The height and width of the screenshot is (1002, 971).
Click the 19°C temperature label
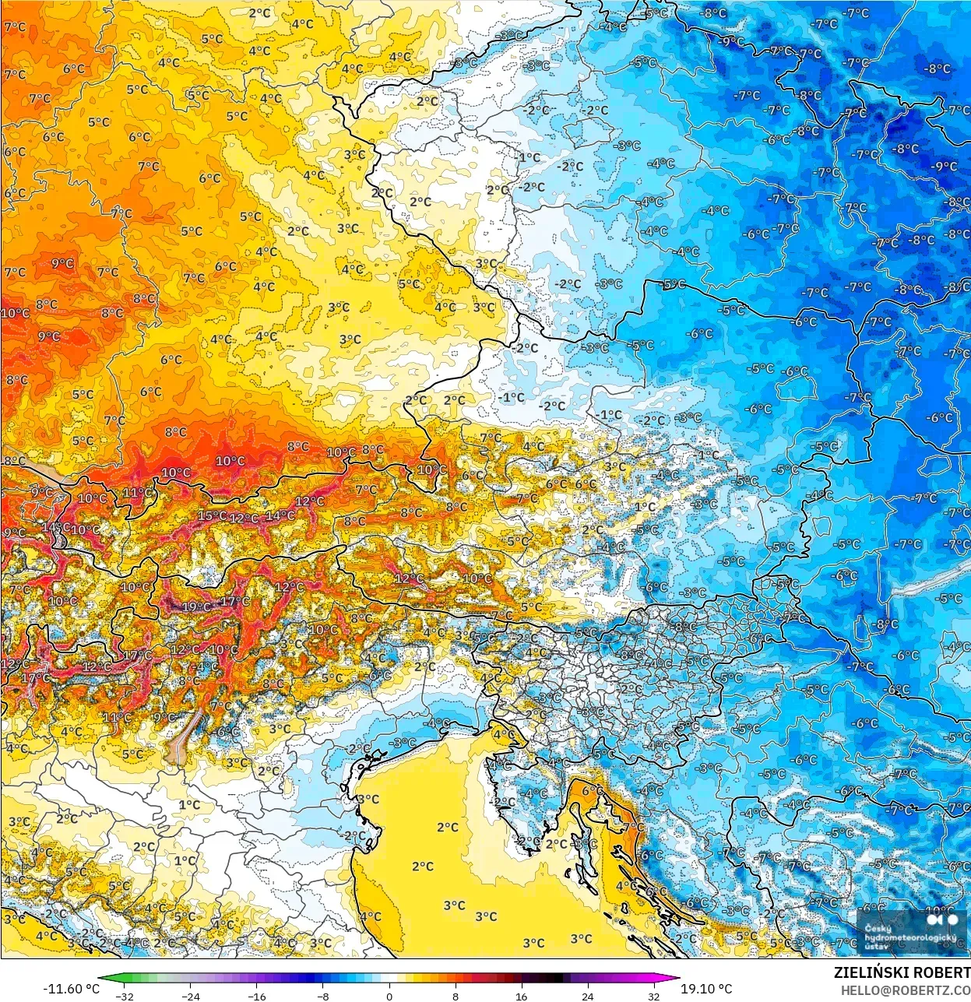click(x=195, y=606)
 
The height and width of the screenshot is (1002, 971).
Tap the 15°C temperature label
click(x=212, y=515)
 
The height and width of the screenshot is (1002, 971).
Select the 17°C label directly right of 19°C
click(x=235, y=601)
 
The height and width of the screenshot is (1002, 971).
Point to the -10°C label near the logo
click(x=939, y=910)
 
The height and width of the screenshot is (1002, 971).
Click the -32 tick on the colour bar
click(x=124, y=996)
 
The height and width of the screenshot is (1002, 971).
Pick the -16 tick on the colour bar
click(x=256, y=996)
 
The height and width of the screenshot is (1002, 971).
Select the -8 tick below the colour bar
click(x=323, y=996)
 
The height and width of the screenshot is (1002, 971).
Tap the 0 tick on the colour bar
click(x=389, y=996)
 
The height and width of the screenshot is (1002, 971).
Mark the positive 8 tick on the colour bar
click(x=455, y=996)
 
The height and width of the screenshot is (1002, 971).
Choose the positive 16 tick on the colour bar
click(x=521, y=996)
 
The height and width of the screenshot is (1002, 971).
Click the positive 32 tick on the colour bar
click(x=653, y=996)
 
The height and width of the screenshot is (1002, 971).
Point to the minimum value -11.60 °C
click(x=72, y=989)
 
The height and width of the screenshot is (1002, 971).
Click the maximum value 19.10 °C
click(x=706, y=989)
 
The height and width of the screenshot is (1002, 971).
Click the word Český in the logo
click(x=878, y=928)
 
